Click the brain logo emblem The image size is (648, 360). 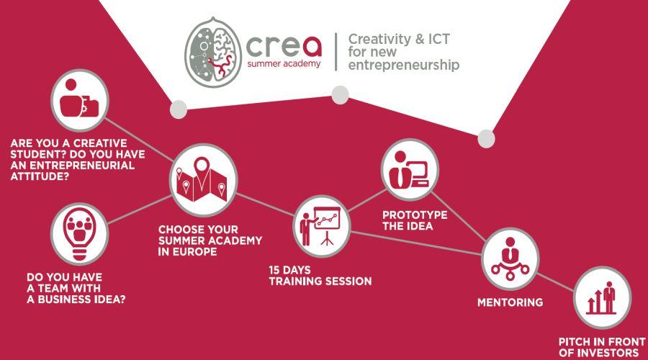pyautogui.click(x=213, y=52)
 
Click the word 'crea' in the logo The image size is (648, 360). pyautogui.click(x=284, y=46)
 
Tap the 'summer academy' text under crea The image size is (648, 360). pyautogui.click(x=284, y=63)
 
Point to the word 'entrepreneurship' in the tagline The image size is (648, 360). pyautogui.click(x=403, y=66)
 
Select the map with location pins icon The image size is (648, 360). pyautogui.click(x=203, y=180)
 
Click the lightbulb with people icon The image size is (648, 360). pyautogui.click(x=79, y=233)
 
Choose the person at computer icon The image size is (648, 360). pyautogui.click(x=410, y=169)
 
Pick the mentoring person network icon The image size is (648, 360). pyautogui.click(x=510, y=258)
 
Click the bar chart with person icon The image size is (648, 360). pyautogui.click(x=603, y=297)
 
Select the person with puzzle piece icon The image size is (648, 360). pyautogui.click(x=79, y=100)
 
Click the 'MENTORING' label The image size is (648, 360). pyautogui.click(x=510, y=302)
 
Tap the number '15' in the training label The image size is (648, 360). pyautogui.click(x=274, y=270)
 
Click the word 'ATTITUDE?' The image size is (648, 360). pyautogui.click(x=40, y=176)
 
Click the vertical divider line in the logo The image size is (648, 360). pyautogui.click(x=336, y=52)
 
